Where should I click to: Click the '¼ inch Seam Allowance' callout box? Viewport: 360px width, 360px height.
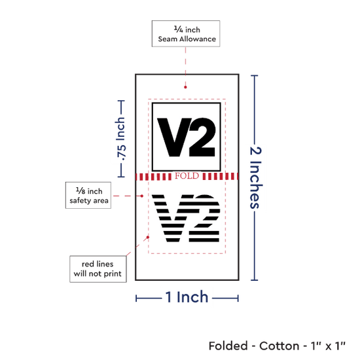coord(186,33)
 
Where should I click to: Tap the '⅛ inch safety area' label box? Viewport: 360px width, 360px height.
coord(88,196)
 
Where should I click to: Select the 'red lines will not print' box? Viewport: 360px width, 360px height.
coord(98,269)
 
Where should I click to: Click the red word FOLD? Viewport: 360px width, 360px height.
coord(187,176)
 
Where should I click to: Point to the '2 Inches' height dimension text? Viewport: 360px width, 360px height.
coord(256,178)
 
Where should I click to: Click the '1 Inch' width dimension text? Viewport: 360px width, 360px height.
coord(187,297)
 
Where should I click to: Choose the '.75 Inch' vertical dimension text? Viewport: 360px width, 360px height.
coord(121,139)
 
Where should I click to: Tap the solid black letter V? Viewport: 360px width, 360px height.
coord(174,137)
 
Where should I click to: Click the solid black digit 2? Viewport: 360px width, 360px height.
coord(202,137)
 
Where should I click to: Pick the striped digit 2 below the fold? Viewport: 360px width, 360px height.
coord(204,219)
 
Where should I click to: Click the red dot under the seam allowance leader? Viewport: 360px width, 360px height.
coord(185,87)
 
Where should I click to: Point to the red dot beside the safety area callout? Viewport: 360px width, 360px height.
coord(142,196)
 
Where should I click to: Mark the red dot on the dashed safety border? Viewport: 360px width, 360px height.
coord(148,237)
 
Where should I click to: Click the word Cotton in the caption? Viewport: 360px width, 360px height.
coord(279,346)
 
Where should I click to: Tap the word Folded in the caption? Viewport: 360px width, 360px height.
coord(228,346)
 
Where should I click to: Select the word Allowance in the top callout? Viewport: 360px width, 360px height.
coord(198,39)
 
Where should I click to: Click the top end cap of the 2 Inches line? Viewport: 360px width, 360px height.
coord(255,75)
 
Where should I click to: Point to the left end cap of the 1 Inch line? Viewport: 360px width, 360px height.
coord(136,298)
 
